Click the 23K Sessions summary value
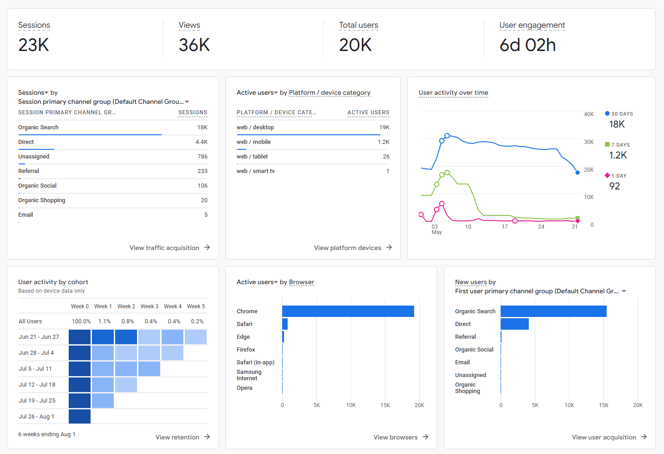pyautogui.click(x=34, y=45)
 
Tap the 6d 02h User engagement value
pyautogui.click(x=527, y=45)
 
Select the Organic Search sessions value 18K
pyautogui.click(x=202, y=127)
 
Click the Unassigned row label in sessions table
pyautogui.click(x=34, y=156)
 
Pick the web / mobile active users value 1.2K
pyautogui.click(x=383, y=142)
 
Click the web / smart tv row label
pyautogui.click(x=255, y=171)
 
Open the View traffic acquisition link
pyautogui.click(x=170, y=248)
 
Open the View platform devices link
pyautogui.click(x=353, y=248)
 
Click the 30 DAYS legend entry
pyautogui.click(x=618, y=114)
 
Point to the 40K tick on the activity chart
pyautogui.click(x=589, y=114)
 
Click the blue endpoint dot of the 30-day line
pyautogui.click(x=578, y=173)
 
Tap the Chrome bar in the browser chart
pyautogui.click(x=348, y=311)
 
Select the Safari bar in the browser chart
pyautogui.click(x=285, y=324)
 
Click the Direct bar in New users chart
pyautogui.click(x=515, y=324)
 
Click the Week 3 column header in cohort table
pyautogui.click(x=149, y=306)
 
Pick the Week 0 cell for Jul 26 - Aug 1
pyautogui.click(x=80, y=416)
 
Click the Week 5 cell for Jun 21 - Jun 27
pyautogui.click(x=196, y=337)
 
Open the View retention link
pyautogui.click(x=182, y=437)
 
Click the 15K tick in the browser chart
pyautogui.click(x=385, y=405)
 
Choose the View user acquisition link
pyautogui.click(x=609, y=437)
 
